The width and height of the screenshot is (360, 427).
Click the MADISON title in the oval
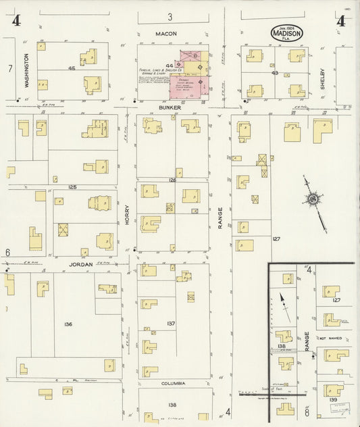287,32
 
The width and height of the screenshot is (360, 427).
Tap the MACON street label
166,33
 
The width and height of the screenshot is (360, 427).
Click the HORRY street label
126,215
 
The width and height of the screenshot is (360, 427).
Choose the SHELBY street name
323,78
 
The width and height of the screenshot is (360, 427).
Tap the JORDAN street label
82,266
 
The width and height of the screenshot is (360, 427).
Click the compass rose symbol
313,199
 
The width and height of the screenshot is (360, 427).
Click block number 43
274,72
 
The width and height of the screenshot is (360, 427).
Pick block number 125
72,185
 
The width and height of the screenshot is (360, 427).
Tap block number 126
172,180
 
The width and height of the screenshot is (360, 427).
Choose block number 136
68,324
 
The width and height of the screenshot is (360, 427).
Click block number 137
171,324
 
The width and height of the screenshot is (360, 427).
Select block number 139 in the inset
334,400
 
